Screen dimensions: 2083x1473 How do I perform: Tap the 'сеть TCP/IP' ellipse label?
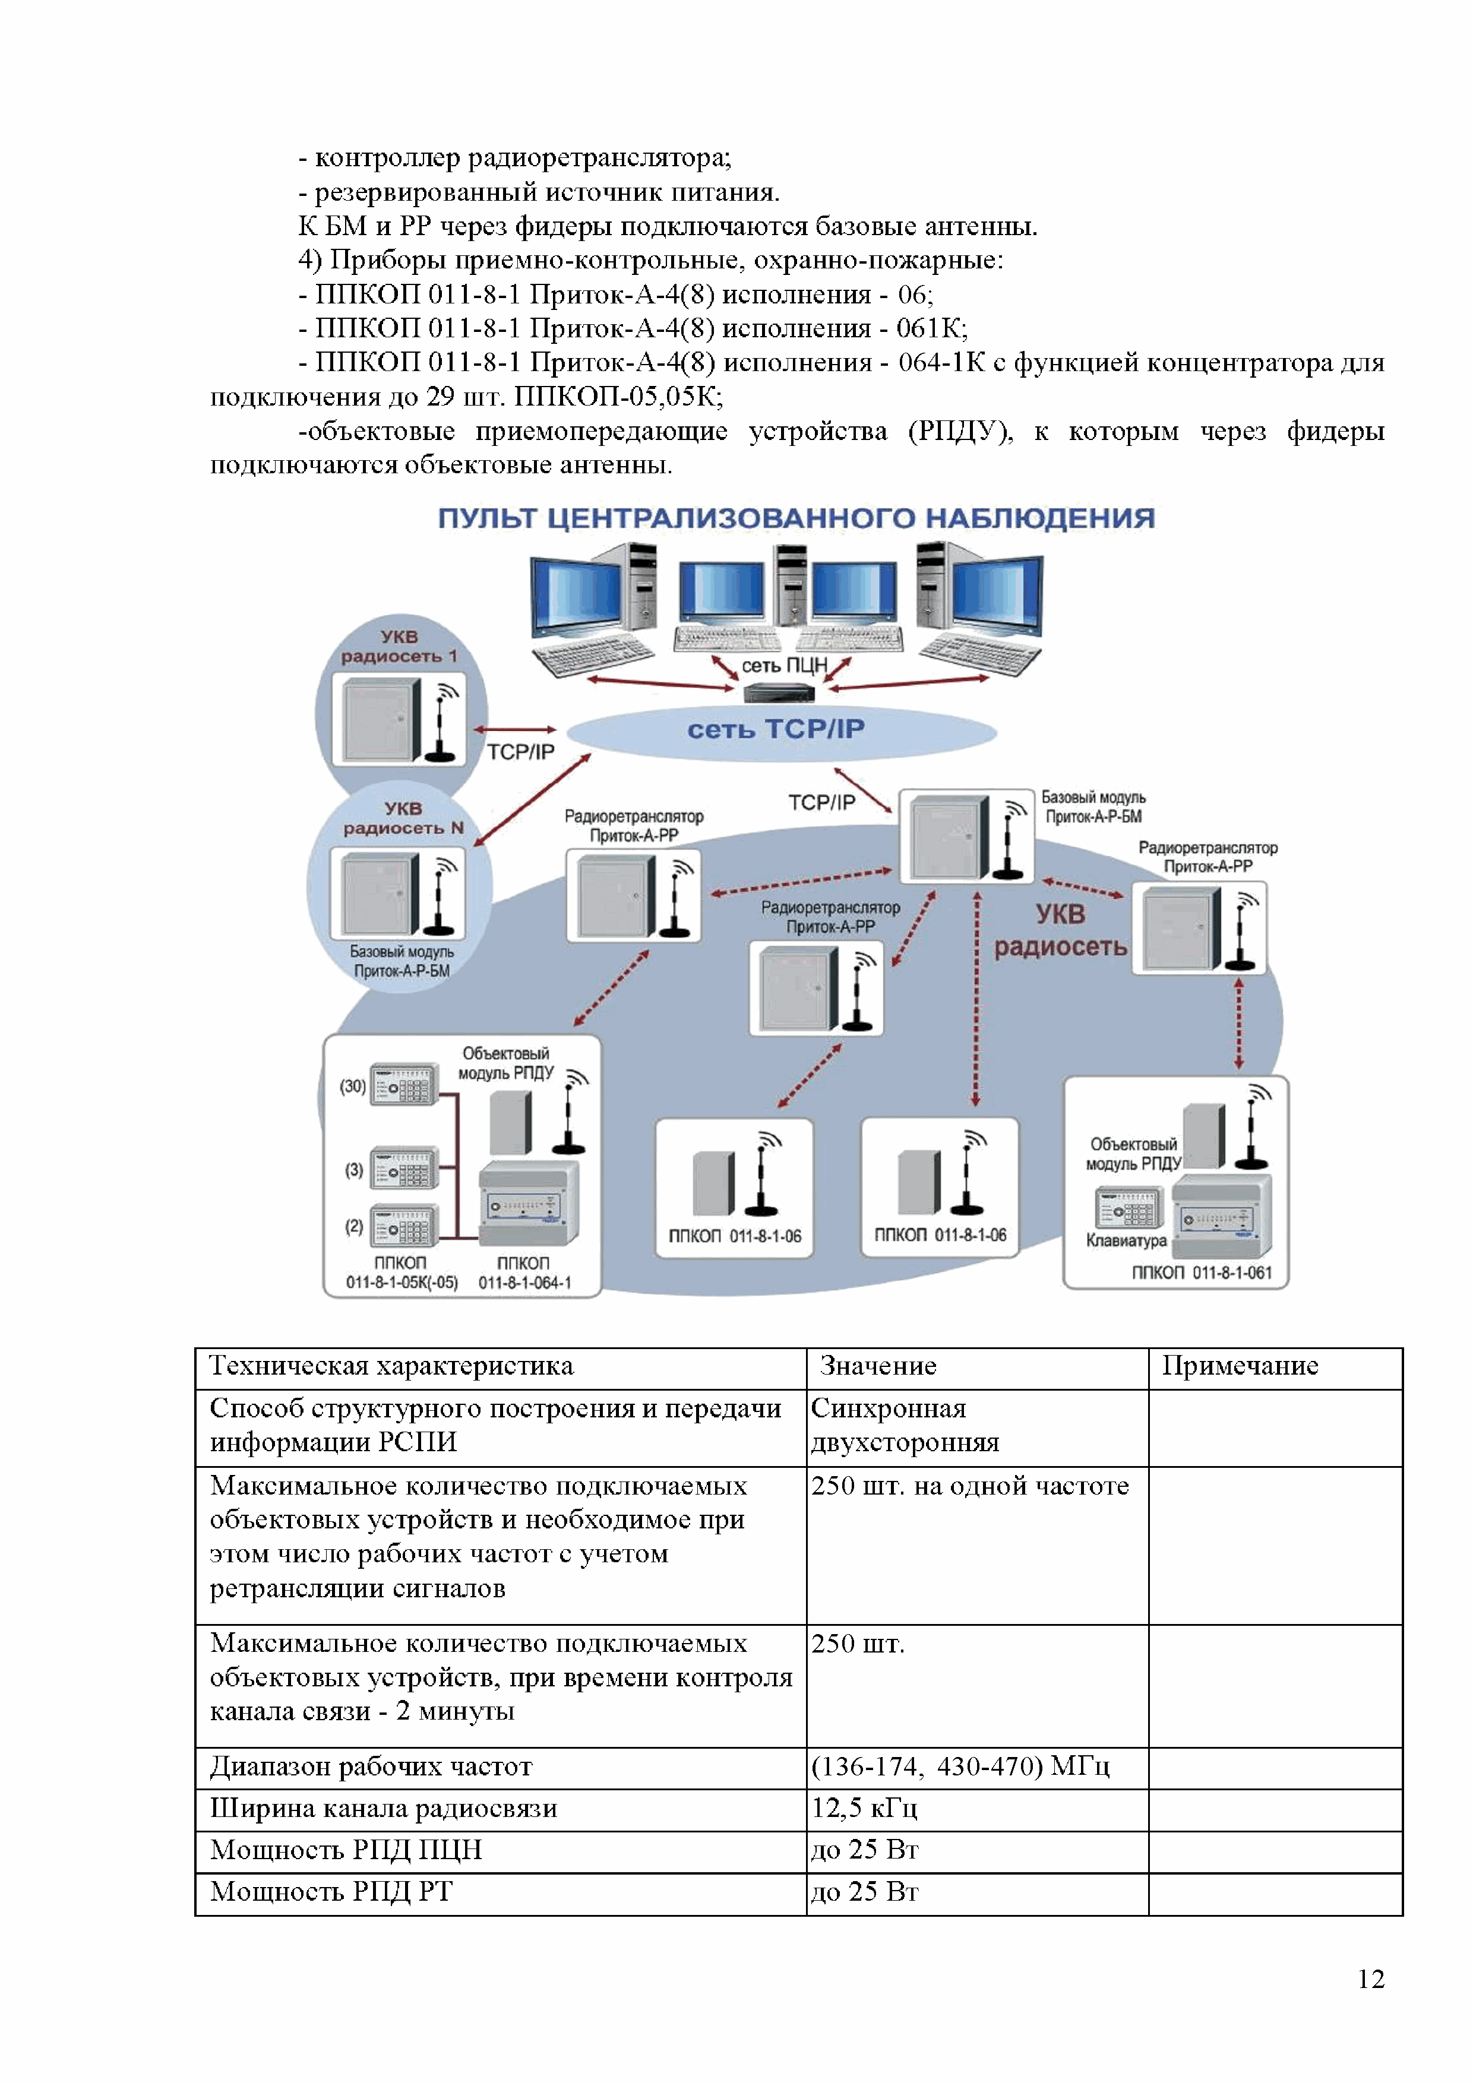coord(776,729)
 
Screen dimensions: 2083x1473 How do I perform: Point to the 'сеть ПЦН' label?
coord(784,665)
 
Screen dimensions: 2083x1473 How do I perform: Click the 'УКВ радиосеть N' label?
coord(403,818)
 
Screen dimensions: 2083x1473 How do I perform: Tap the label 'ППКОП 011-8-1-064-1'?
coord(524,1273)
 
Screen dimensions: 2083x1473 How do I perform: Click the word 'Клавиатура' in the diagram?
coord(1126,1240)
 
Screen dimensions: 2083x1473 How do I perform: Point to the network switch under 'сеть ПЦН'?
coord(779,693)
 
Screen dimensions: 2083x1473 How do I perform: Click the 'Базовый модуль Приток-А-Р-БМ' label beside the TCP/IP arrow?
coord(1093,806)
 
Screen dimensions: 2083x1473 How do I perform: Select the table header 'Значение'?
coord(878,1365)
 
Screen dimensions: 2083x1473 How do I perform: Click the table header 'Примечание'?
coord(1240,1365)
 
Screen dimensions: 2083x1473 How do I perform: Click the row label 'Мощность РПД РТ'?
coord(331,1892)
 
